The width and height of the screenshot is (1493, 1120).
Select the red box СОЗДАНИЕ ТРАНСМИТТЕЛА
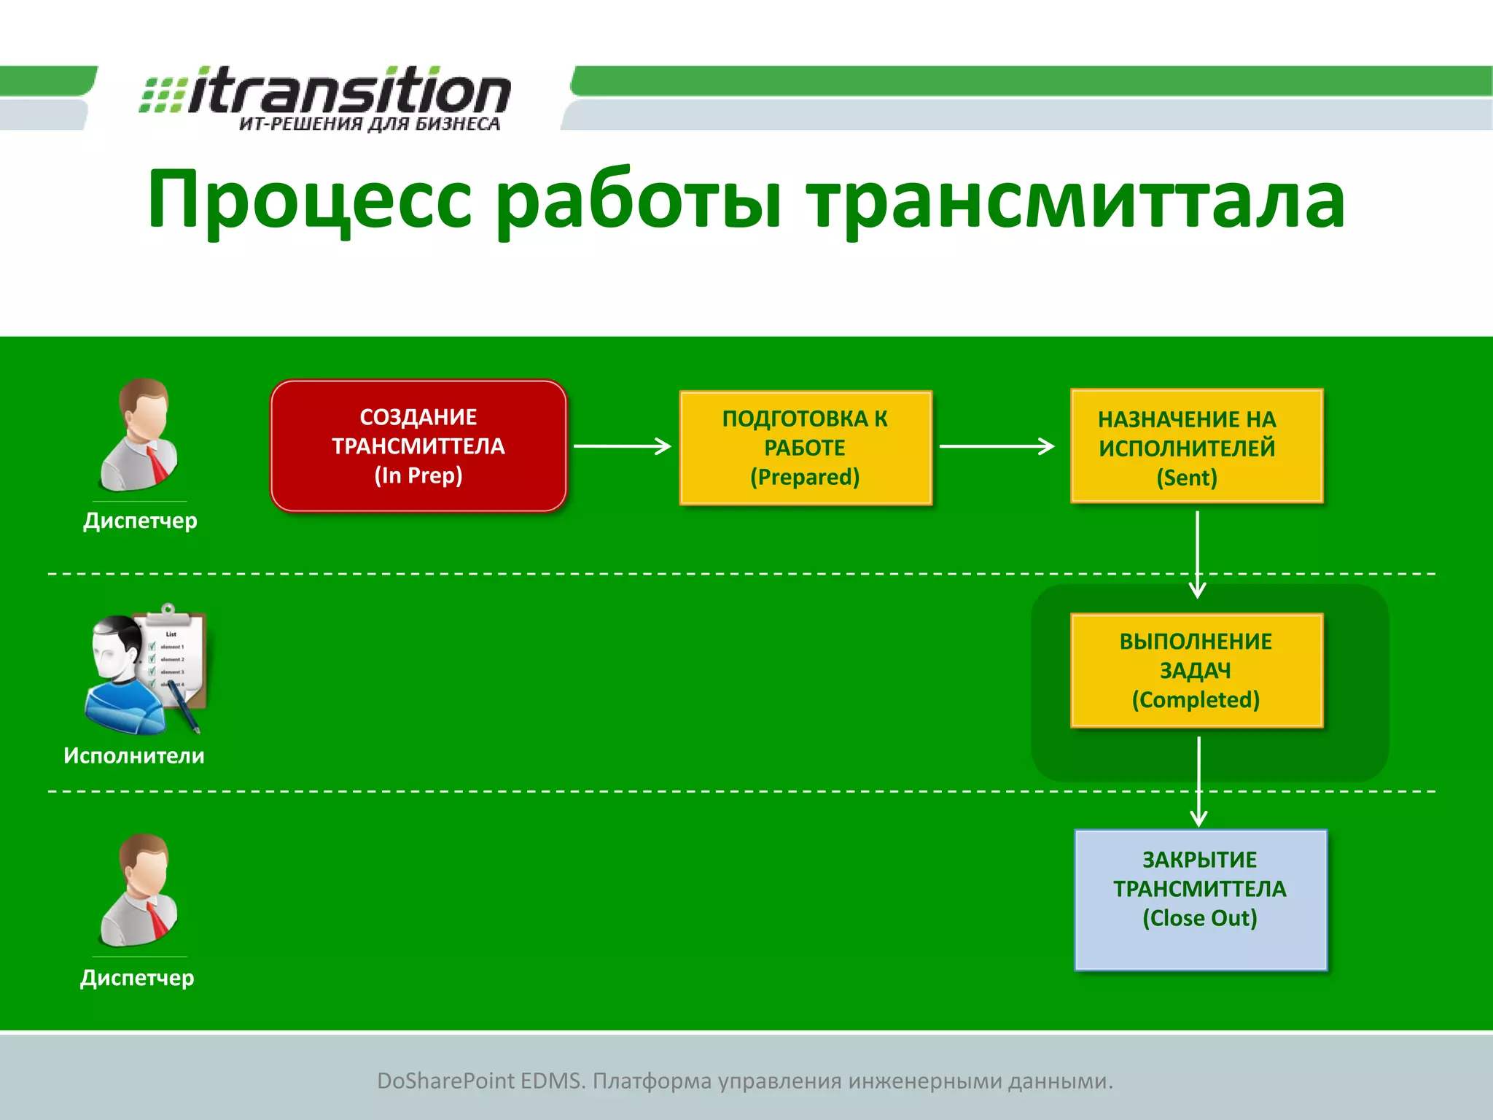click(x=418, y=446)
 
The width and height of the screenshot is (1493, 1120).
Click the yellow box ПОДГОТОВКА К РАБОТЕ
click(x=805, y=447)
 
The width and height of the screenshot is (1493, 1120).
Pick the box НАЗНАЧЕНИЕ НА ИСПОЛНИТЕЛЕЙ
click(x=1196, y=446)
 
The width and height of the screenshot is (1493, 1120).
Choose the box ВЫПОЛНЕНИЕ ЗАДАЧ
click(x=1196, y=670)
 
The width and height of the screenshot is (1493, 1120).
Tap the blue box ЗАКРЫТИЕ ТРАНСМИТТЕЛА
click(x=1200, y=899)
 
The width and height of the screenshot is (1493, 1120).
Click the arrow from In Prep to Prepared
click(x=622, y=446)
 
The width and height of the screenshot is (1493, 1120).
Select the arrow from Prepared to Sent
click(x=997, y=446)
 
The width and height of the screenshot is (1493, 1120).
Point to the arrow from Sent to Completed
click(x=1197, y=554)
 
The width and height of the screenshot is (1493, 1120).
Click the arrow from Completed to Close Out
click(x=1198, y=780)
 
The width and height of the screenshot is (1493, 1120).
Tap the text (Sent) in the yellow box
click(x=1186, y=478)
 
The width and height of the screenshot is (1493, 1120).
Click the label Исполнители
click(x=134, y=755)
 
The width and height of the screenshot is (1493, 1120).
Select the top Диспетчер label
click(x=140, y=521)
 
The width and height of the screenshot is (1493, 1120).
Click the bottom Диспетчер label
click(x=137, y=977)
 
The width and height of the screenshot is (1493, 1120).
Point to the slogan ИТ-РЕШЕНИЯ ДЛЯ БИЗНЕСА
click(x=370, y=124)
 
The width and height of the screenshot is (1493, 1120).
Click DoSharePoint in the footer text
click(x=445, y=1081)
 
